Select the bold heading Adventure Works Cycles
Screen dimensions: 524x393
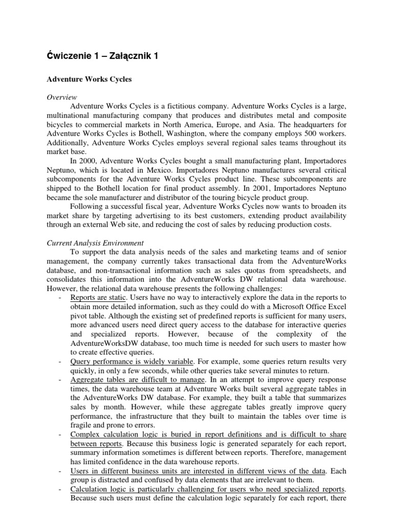click(88, 80)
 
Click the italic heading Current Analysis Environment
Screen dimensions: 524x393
click(96, 243)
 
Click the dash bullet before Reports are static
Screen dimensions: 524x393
click(61, 298)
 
